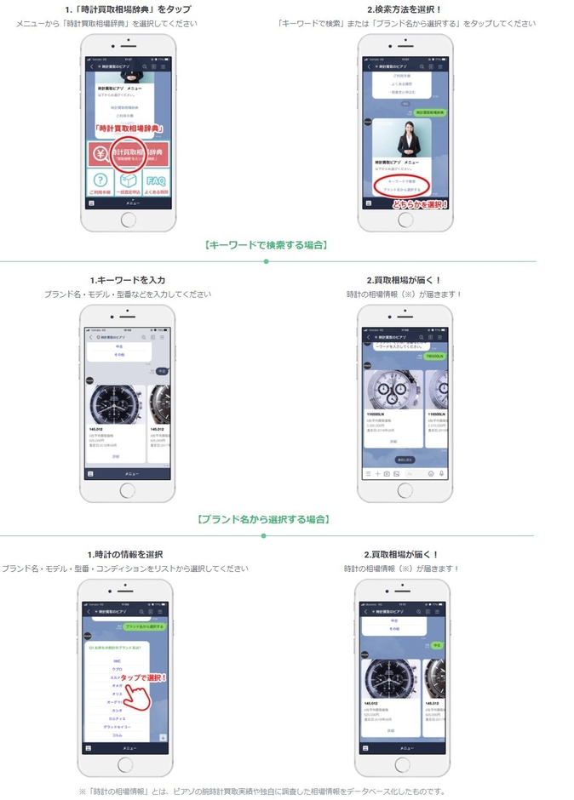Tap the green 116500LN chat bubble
(x=433, y=356)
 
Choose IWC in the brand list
(x=117, y=660)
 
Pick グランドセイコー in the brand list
(x=117, y=726)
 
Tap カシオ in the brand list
(x=117, y=710)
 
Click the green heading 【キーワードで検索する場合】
(x=267, y=245)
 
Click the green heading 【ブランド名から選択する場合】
(x=263, y=519)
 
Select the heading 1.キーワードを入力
(x=128, y=280)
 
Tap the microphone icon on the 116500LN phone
(x=441, y=473)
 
